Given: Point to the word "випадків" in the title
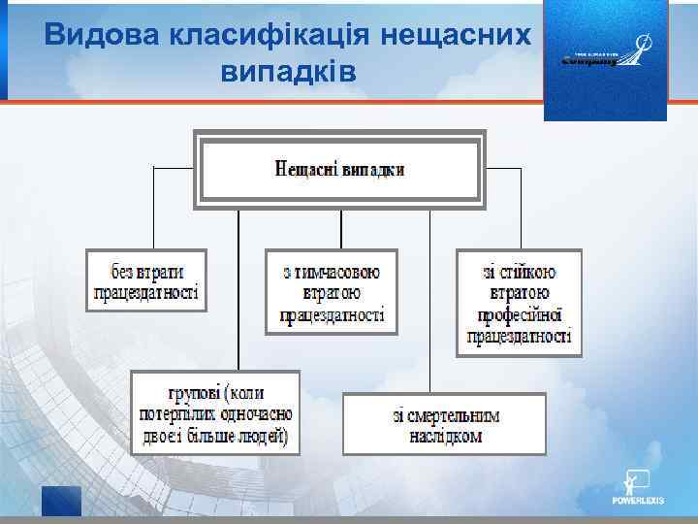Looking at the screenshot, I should [x=289, y=71].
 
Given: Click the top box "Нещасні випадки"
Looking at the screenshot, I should [x=339, y=170].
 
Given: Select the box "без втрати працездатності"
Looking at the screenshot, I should [x=147, y=280].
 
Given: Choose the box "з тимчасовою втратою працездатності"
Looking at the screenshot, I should [x=332, y=291].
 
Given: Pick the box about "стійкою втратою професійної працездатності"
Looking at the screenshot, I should [x=519, y=303].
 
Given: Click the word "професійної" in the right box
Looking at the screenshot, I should [x=520, y=314].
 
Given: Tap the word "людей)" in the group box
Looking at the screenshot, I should [x=262, y=435].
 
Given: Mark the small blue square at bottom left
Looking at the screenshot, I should [x=61, y=501].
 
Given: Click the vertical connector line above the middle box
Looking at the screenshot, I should [x=340, y=229].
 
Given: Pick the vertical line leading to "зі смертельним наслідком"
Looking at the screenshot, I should [x=429, y=301].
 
